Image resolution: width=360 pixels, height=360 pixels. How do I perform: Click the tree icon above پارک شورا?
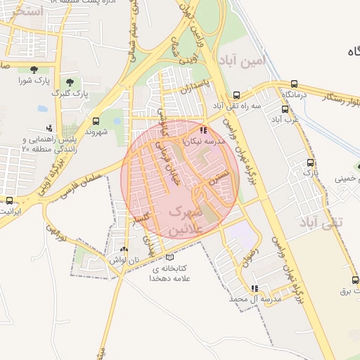coord(34,68)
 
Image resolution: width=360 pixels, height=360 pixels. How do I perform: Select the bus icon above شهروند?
coord(96,120)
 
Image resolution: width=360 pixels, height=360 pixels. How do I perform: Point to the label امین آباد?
coord(244,62)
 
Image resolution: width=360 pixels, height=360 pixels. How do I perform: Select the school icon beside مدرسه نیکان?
coord(203,130)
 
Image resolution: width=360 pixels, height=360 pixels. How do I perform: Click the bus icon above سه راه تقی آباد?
coord(236,95)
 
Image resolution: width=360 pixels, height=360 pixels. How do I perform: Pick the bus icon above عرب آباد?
coord(285,109)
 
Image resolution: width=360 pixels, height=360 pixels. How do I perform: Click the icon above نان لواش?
coord(124,249)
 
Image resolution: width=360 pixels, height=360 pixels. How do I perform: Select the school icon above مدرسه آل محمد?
coord(255,288)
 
